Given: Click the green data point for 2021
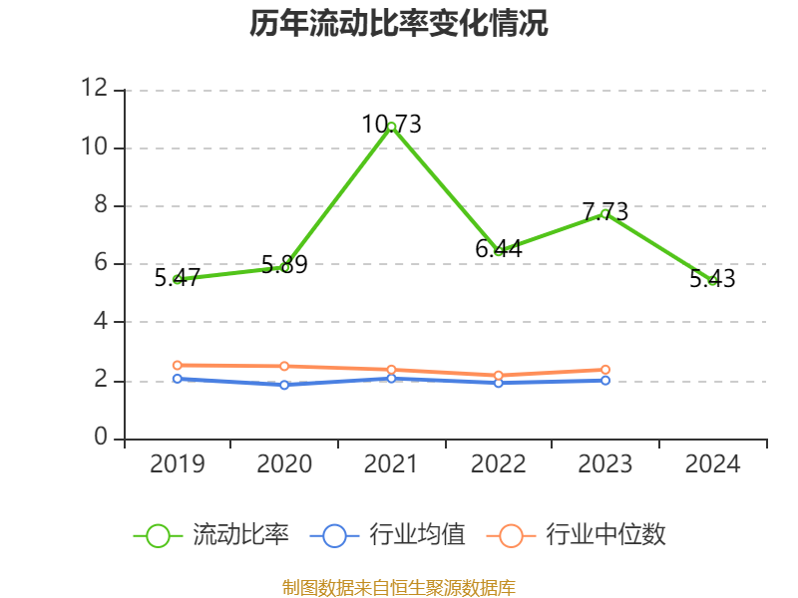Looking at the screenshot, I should [392, 127].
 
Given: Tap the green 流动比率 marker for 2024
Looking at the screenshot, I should [712, 281].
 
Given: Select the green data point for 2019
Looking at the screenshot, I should [178, 279].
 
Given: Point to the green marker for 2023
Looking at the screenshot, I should [605, 213].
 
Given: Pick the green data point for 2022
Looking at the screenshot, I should [499, 251].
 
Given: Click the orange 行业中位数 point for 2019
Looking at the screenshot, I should [178, 365].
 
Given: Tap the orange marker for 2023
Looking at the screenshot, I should [605, 370].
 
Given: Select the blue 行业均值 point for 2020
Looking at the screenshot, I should [284, 385].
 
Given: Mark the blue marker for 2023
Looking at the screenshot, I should [605, 380].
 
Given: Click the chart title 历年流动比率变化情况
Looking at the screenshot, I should [399, 24].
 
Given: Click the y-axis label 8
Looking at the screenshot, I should [100, 206].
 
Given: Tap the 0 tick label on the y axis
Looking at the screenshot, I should [100, 439].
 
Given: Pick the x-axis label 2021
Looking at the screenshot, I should [392, 464].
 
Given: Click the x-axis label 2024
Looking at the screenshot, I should [712, 464].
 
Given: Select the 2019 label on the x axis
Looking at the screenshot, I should [178, 464].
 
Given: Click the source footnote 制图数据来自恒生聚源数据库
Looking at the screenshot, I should [399, 587].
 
